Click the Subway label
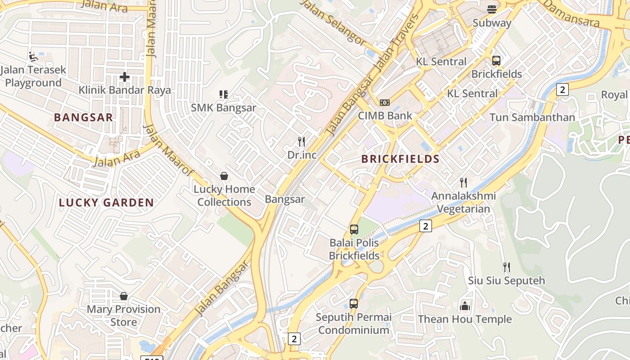[492, 23]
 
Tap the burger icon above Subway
[492, 9]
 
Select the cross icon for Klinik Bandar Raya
[125, 77]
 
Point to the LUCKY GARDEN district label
[107, 202]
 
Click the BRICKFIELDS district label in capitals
[400, 159]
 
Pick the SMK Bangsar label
[224, 108]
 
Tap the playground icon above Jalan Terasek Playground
[33, 56]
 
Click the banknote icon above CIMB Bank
[385, 103]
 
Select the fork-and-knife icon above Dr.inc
[301, 142]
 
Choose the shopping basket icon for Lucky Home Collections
[224, 176]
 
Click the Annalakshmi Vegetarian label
[463, 202]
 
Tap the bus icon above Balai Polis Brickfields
[354, 229]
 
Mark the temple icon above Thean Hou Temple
[465, 306]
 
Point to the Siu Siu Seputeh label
[506, 281]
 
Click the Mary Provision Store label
[124, 315]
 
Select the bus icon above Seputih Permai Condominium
[354, 304]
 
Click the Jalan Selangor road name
[333, 22]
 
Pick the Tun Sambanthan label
[532, 117]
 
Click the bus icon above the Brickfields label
[496, 61]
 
